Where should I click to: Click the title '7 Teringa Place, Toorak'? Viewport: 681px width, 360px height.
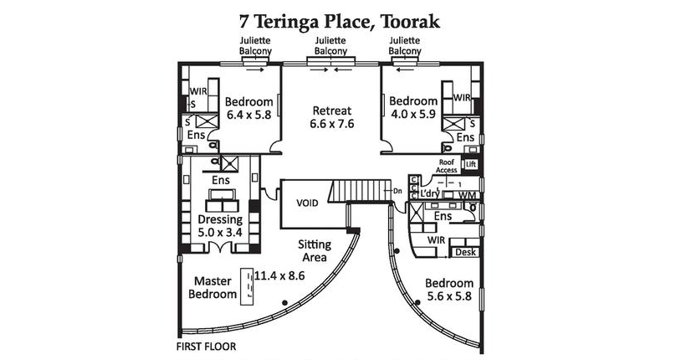pos(340,21)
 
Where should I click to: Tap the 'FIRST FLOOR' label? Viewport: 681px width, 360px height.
pos(207,347)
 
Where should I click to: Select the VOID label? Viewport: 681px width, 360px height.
pos(307,203)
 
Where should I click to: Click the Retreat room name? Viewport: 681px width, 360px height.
pos(332,111)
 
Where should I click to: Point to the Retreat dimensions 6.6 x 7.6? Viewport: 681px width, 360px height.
pos(332,124)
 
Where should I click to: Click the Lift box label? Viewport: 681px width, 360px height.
pos(471,164)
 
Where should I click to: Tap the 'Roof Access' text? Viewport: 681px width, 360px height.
pos(447,166)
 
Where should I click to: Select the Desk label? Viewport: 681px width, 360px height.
pos(465,252)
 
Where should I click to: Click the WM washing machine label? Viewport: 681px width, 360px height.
pos(467,195)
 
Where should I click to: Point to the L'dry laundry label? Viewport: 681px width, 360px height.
pos(429,194)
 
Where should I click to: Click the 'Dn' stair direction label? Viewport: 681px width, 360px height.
pos(397,190)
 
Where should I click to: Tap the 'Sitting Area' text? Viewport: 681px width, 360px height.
pos(315,251)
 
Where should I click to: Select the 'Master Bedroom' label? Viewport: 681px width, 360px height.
pos(212,287)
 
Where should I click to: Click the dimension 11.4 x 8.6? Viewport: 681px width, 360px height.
pos(279,275)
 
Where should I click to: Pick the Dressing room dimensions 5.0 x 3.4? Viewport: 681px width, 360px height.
pos(220,233)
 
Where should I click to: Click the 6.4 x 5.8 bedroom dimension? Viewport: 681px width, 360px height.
pos(248,115)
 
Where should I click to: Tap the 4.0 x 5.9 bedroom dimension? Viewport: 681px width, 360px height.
pos(413,115)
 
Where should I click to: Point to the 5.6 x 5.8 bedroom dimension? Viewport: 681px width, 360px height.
pos(449,296)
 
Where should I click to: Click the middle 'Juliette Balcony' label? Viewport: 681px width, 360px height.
pos(330,46)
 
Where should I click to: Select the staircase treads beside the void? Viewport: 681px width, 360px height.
pos(361,191)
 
